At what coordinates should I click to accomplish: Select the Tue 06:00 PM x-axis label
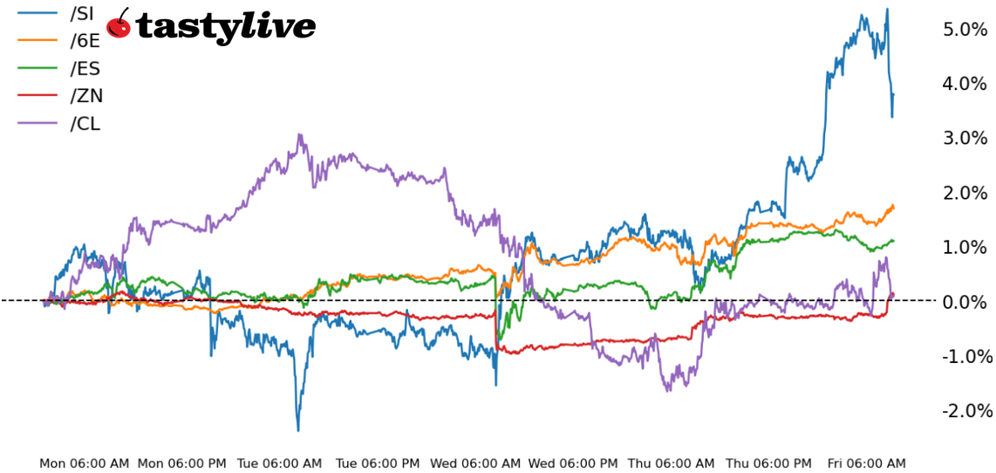[377, 463]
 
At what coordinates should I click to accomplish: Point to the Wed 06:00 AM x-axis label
[476, 463]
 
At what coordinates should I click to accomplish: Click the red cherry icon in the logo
[119, 25]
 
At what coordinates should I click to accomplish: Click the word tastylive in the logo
[225, 28]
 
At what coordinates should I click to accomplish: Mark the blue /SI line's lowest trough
[297, 430]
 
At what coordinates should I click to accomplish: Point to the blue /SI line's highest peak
[887, 10]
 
